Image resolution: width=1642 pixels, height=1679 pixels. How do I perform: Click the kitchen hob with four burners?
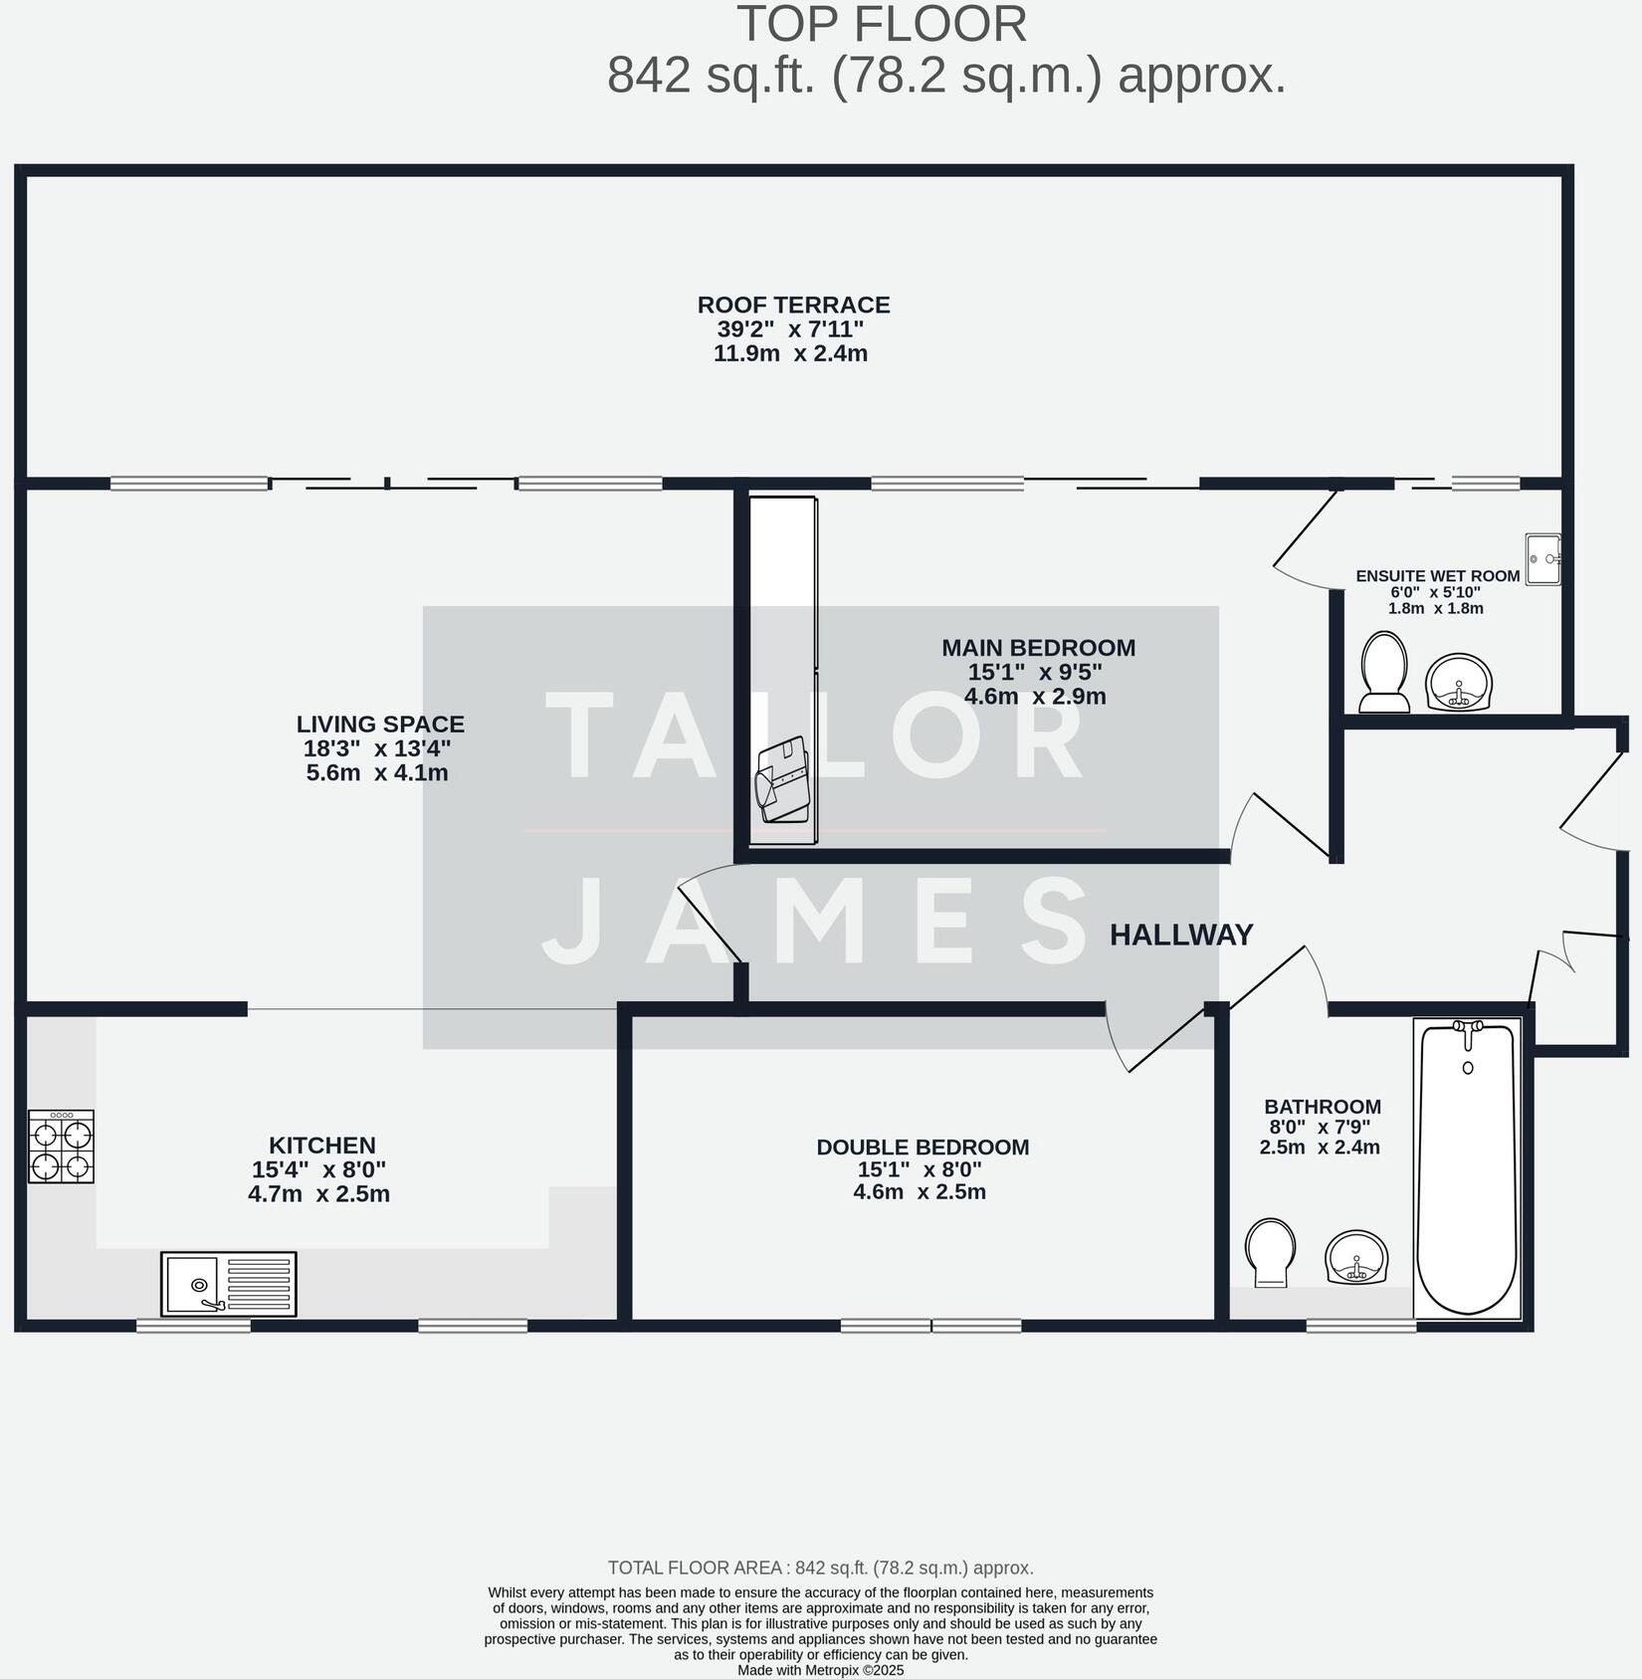click(61, 1147)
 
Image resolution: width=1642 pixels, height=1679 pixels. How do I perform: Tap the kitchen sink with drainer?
click(228, 1284)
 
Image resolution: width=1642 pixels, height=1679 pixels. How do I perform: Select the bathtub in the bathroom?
click(1467, 1169)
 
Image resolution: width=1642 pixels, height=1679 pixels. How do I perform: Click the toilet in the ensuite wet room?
click(1384, 673)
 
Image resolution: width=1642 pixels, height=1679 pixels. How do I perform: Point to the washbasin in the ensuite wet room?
click(1459, 683)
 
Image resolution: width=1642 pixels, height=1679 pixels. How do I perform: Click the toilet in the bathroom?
click(1271, 1252)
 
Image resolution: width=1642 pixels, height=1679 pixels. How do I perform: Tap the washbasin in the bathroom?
click(1356, 1258)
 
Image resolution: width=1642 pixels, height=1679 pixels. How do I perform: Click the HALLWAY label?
click(1181, 936)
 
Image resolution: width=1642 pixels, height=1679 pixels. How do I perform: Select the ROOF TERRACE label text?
click(793, 305)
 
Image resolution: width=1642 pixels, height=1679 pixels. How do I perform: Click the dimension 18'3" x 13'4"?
click(377, 748)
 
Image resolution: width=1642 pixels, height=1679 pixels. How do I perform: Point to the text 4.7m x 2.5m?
click(318, 1193)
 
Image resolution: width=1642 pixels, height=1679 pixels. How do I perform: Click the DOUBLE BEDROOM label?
click(923, 1147)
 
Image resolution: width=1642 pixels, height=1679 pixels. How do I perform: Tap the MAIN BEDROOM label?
click(1038, 648)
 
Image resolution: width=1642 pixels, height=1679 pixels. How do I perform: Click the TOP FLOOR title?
click(882, 25)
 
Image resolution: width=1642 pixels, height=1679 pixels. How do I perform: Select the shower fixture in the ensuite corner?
click(1542, 559)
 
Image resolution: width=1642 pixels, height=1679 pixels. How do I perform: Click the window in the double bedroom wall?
click(930, 1325)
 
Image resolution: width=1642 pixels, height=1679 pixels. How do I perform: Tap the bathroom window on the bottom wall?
click(1360, 1326)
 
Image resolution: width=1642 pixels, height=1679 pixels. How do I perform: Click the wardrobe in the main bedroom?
click(783, 669)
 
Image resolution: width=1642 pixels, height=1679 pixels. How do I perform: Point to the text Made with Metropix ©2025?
click(820, 1670)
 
